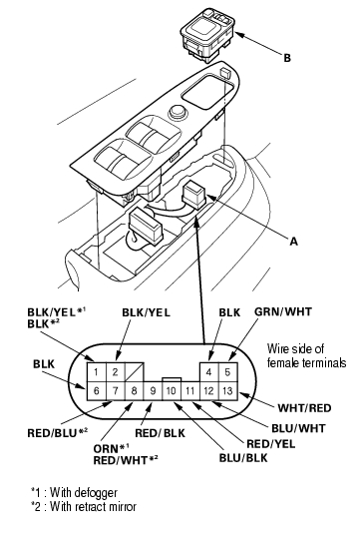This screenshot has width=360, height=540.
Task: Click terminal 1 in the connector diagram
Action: coord(97,372)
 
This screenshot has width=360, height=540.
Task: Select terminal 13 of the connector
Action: coord(227,391)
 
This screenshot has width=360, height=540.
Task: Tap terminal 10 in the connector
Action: coord(172,391)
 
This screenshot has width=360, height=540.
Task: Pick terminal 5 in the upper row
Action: coord(227,372)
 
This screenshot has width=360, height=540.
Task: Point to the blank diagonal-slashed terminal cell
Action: coord(135,372)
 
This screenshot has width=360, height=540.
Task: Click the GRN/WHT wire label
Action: coord(283,311)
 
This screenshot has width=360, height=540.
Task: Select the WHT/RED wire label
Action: coord(304,408)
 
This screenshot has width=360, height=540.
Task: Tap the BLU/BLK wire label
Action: coord(243,458)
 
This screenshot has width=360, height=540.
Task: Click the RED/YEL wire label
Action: coord(271,444)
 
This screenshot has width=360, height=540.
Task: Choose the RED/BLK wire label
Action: coord(160,433)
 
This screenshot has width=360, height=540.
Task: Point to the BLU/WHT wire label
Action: coord(298,428)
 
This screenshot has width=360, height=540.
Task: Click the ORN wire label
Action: coord(106,449)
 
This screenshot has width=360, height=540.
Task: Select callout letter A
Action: coord(293,242)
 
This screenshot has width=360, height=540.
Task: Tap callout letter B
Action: coord(287,58)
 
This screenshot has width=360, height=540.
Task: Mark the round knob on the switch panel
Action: coord(178,112)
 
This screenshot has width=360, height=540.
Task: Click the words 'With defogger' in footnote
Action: coord(84,492)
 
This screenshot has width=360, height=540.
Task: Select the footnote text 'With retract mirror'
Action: coord(93,507)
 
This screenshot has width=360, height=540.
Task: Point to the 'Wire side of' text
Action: coord(295,349)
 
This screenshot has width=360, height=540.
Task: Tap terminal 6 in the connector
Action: coord(97,391)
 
